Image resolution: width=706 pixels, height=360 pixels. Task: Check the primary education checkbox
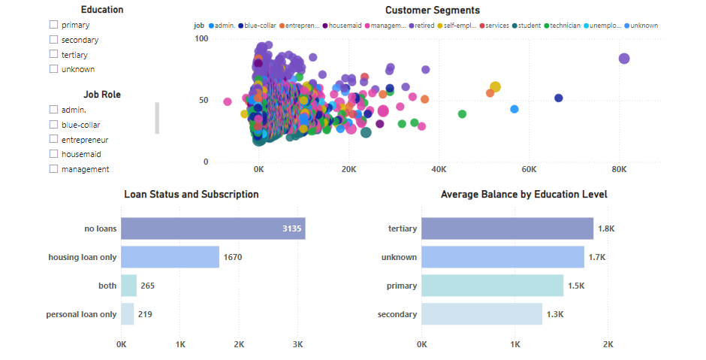[53, 25]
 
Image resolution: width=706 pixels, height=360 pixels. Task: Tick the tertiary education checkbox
[53, 54]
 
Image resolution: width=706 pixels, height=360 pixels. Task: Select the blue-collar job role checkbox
[53, 125]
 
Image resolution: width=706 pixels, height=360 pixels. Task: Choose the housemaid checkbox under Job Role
[53, 154]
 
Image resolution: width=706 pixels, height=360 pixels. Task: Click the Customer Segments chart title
[432, 11]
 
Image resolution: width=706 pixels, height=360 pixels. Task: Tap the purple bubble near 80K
[623, 59]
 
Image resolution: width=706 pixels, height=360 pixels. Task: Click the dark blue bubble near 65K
[558, 98]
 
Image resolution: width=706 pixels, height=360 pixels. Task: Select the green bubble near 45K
[462, 114]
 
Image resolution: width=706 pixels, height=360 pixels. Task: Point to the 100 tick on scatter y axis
[201, 38]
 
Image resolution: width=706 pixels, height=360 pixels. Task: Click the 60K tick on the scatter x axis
[528, 171]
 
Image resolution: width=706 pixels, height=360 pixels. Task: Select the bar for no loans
[213, 228]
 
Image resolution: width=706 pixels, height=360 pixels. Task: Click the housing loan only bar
[170, 257]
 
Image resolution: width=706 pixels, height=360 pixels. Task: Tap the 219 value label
[145, 314]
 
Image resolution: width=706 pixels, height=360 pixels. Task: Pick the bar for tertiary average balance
[507, 228]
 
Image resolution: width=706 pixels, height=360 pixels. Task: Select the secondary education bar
[481, 314]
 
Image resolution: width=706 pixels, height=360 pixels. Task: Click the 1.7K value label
[596, 257]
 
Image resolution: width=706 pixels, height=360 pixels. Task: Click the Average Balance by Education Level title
[523, 195]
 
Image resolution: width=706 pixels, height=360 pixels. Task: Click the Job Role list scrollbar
[157, 118]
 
